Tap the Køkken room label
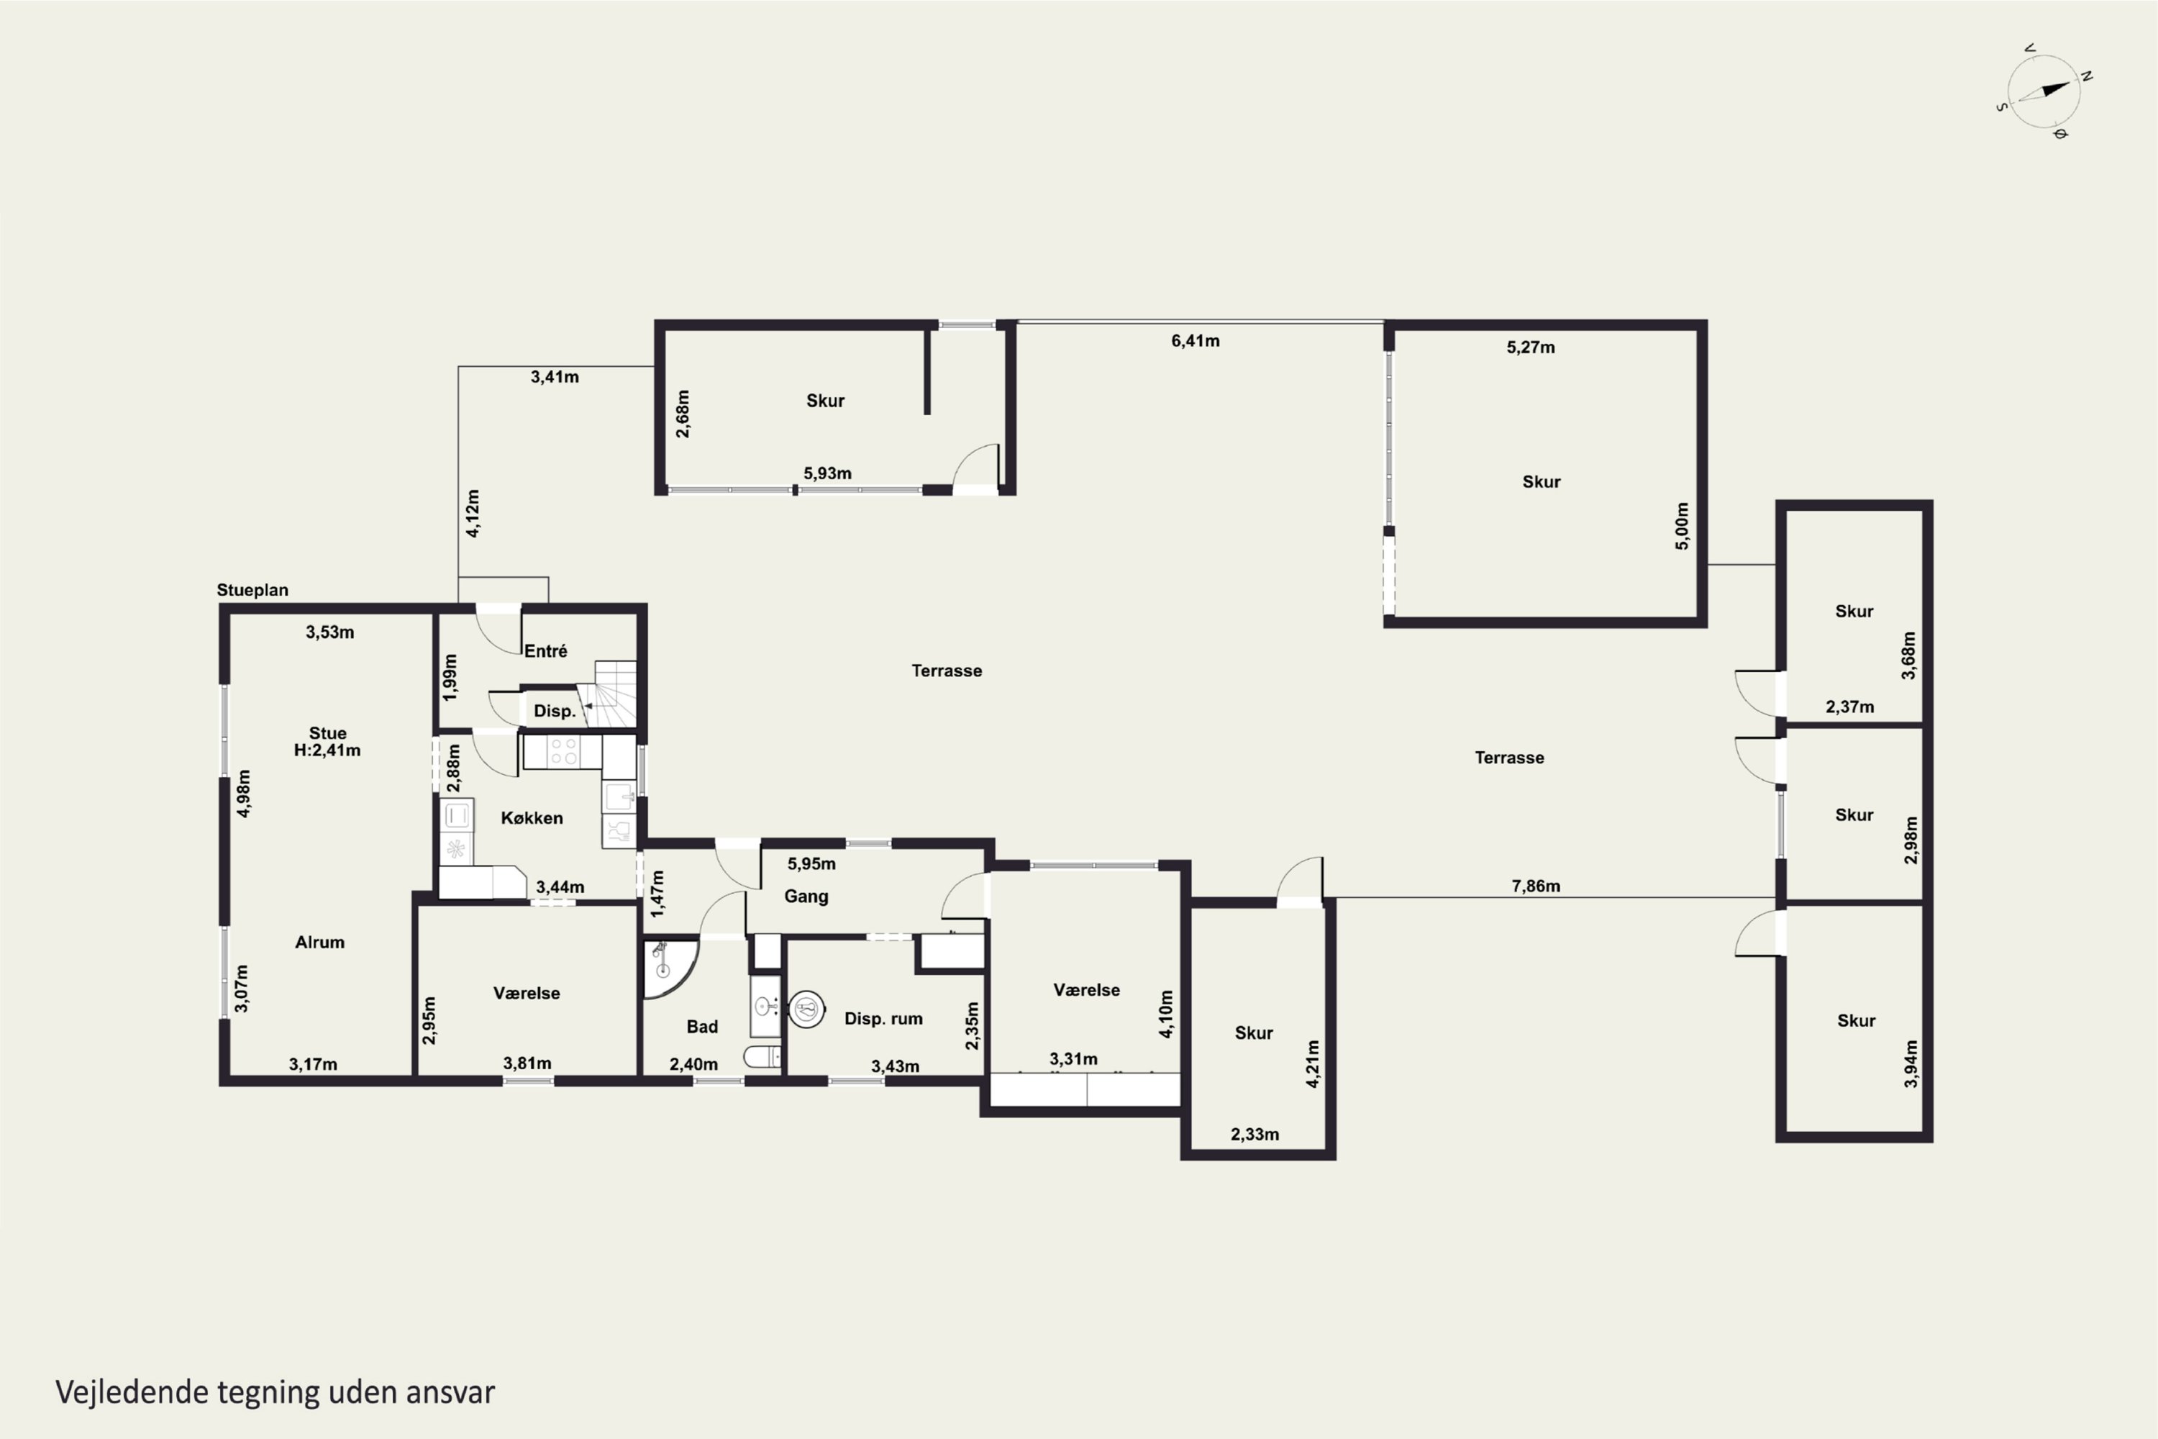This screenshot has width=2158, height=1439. click(x=532, y=817)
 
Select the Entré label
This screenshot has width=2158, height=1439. click(x=546, y=650)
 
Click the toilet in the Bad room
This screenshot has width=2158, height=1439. click(x=762, y=1057)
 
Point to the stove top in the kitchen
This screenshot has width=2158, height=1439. click(x=563, y=752)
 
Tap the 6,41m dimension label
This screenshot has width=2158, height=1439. click(x=1196, y=341)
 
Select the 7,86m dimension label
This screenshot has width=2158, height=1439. click(x=1536, y=886)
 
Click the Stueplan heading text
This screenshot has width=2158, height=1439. click(x=252, y=590)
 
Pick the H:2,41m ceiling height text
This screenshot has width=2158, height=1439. click(x=327, y=750)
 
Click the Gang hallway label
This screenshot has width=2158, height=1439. click(x=806, y=896)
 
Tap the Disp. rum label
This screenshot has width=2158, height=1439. click(x=883, y=1019)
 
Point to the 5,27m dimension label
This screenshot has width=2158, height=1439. click(x=1531, y=347)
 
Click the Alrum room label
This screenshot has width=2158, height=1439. click(x=320, y=943)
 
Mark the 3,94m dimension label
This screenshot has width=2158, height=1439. click(x=1911, y=1063)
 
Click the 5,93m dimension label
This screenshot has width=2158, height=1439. click(x=828, y=473)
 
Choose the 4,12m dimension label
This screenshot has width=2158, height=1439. click(x=473, y=513)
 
